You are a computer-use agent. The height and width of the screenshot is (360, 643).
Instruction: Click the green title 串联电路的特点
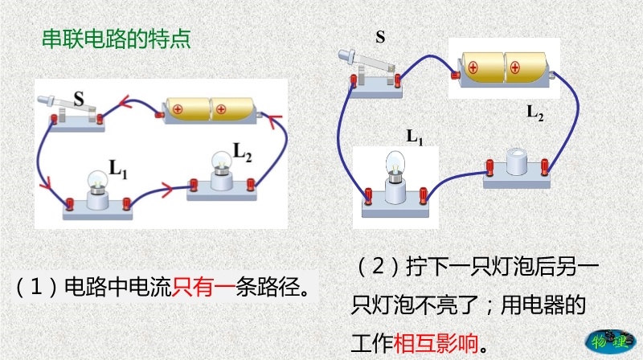[x=116, y=39]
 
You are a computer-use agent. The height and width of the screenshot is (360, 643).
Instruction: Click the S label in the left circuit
[x=79, y=100]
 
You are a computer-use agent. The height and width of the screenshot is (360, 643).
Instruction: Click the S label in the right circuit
[x=380, y=37]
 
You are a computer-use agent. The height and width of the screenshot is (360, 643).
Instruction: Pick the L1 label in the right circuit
[x=415, y=137]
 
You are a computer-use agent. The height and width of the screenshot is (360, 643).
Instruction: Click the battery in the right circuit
[x=504, y=67]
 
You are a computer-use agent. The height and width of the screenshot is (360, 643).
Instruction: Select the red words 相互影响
[x=434, y=344]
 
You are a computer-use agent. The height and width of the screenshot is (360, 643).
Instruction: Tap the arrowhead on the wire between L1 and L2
[x=166, y=190]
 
